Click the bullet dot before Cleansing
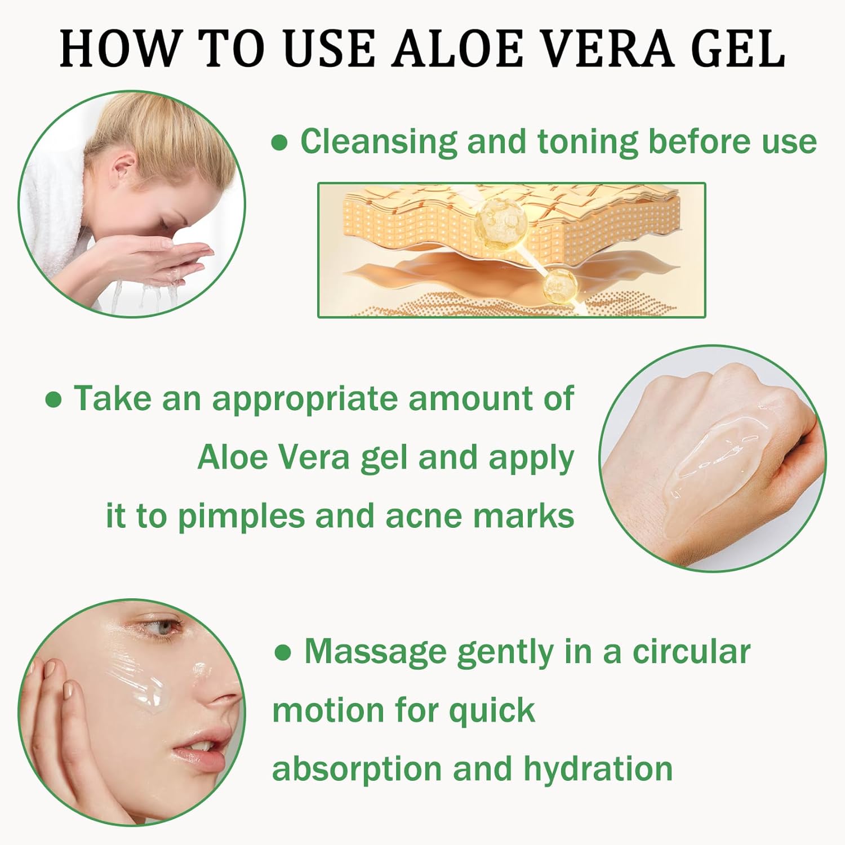[279, 143]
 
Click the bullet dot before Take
[53, 400]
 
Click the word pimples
[241, 517]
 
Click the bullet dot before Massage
[283, 653]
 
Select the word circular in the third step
[691, 652]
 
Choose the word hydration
[598, 769]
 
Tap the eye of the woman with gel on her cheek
[162, 628]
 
